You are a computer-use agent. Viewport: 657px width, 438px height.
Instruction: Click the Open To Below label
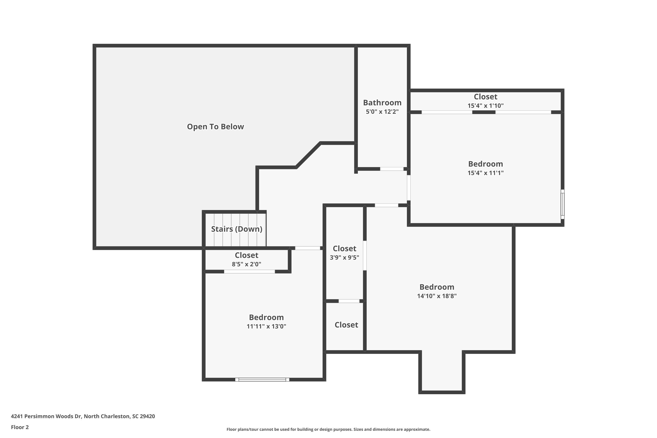215,127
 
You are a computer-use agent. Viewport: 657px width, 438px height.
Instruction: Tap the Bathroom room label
382,103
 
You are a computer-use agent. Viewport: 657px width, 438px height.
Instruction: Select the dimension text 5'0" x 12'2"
382,112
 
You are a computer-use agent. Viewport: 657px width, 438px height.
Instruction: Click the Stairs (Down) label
237,229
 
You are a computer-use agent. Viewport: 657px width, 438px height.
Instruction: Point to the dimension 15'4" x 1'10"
486,106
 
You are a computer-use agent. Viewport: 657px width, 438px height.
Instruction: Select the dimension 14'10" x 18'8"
437,296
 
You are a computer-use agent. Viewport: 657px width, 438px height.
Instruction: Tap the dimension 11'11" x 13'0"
266,326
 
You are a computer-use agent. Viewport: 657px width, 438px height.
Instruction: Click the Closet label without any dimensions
346,325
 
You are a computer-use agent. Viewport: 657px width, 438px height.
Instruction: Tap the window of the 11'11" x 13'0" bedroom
262,379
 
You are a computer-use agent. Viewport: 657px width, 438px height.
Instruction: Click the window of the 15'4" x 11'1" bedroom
562,204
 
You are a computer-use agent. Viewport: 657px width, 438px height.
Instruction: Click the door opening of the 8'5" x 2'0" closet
249,272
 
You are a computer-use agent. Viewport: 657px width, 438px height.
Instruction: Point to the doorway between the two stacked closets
349,301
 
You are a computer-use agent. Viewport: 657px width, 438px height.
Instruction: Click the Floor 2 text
20,427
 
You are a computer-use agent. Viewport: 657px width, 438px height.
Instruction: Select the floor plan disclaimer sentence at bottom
328,429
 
